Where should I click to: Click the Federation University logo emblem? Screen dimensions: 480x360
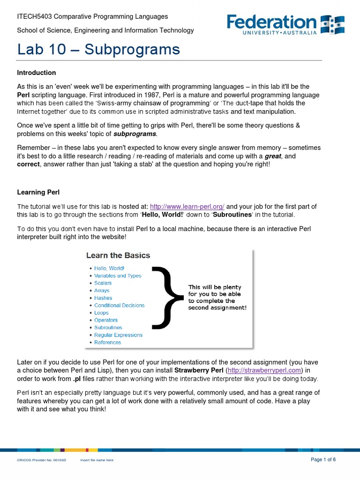(332, 24)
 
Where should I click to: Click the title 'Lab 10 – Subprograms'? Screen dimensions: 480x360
(98, 49)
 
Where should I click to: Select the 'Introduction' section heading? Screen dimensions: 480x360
(37, 73)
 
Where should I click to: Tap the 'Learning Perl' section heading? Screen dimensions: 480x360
(38, 192)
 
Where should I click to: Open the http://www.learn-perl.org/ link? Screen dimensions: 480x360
(187, 206)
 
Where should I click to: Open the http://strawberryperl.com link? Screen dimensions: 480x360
(263, 370)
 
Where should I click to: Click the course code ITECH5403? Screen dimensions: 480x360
(34, 16)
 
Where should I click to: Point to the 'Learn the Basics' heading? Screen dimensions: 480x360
(118, 255)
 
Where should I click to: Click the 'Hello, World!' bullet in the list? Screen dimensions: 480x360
(109, 268)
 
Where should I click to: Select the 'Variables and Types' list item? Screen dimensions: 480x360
(118, 276)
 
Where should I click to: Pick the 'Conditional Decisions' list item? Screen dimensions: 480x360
(119, 305)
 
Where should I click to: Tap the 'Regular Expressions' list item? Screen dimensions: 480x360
(118, 335)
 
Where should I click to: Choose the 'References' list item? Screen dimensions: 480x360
(107, 342)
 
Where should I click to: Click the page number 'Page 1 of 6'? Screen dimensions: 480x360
(323, 459)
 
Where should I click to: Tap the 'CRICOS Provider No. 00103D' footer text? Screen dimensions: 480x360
(42, 460)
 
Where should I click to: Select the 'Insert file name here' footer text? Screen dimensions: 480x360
(97, 460)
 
